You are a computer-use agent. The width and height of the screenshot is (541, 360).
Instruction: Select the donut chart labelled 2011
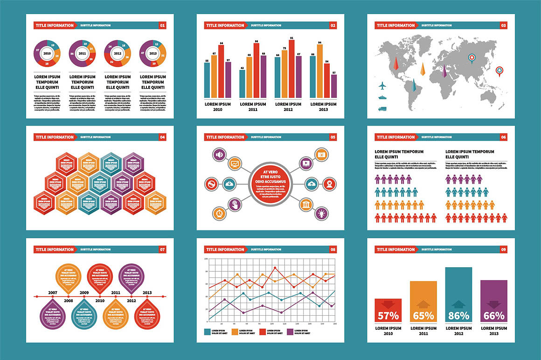[82, 54]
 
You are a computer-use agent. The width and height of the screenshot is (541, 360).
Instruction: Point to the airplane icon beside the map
[382, 86]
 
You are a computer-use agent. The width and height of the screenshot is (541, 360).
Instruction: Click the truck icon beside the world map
[382, 109]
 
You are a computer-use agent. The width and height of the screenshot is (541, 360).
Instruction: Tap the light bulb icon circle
[321, 213]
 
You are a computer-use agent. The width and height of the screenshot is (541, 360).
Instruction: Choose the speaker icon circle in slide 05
[219, 154]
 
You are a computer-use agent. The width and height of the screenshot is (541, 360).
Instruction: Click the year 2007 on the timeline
[52, 292]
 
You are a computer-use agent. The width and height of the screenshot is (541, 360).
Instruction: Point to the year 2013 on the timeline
[146, 292]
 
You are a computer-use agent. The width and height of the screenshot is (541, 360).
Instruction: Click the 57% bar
[388, 311]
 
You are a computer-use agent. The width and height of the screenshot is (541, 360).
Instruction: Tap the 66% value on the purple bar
[494, 316]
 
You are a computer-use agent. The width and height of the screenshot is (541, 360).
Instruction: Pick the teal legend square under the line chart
[208, 332]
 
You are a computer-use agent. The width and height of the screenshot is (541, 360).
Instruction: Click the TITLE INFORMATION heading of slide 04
[54, 137]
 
